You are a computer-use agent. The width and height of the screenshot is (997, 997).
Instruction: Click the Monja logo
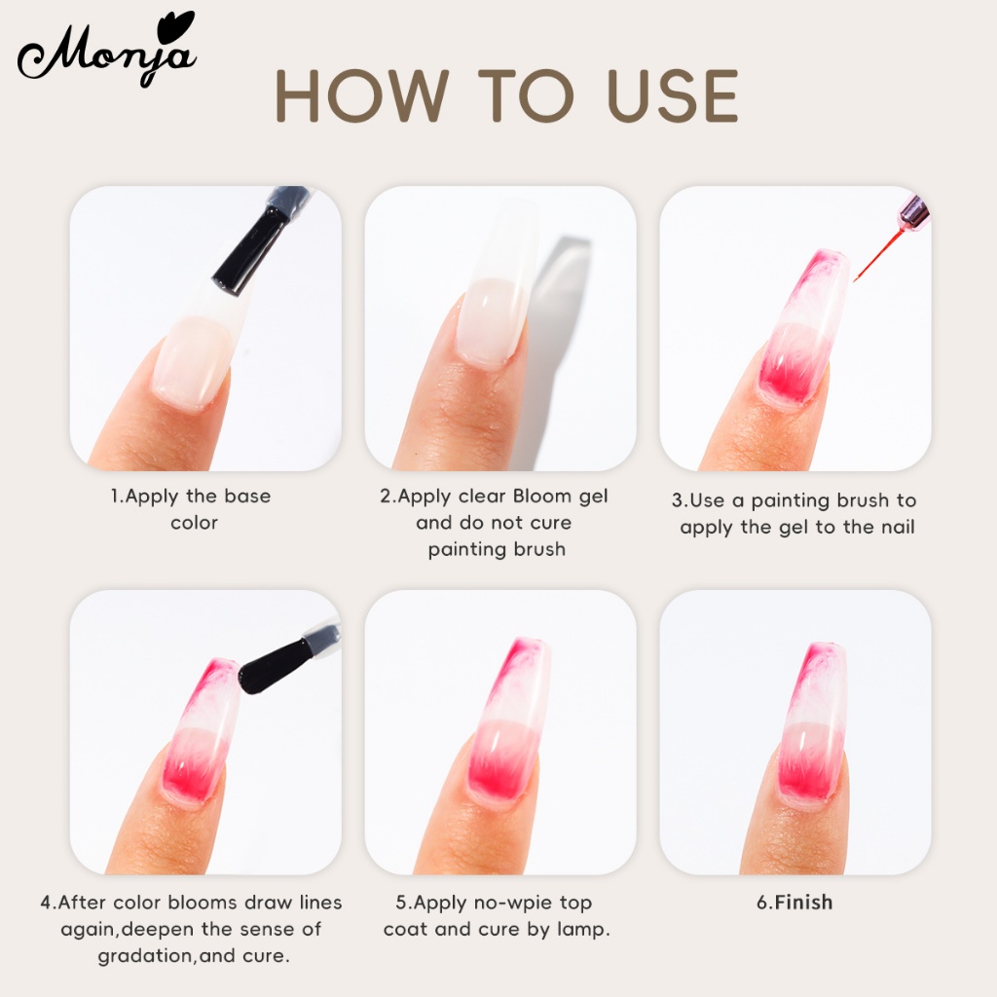click(107, 51)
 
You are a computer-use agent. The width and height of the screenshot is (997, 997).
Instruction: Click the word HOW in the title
click(362, 95)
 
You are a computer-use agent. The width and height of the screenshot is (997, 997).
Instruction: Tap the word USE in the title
click(672, 95)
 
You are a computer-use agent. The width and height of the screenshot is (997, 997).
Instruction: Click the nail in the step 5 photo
click(508, 719)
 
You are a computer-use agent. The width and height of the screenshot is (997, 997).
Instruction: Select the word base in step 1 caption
click(247, 496)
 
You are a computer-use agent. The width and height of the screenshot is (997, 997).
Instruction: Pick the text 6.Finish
click(794, 903)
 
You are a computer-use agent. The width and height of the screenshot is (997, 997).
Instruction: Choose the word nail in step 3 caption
click(896, 527)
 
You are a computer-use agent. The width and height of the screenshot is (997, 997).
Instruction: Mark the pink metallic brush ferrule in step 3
click(913, 211)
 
